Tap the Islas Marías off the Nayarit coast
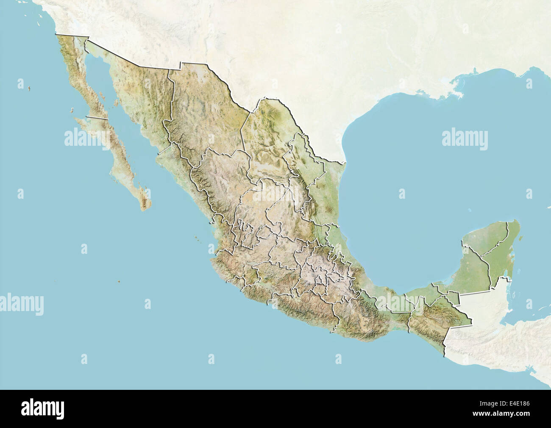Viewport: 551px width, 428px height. pyautogui.click(x=197, y=238)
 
